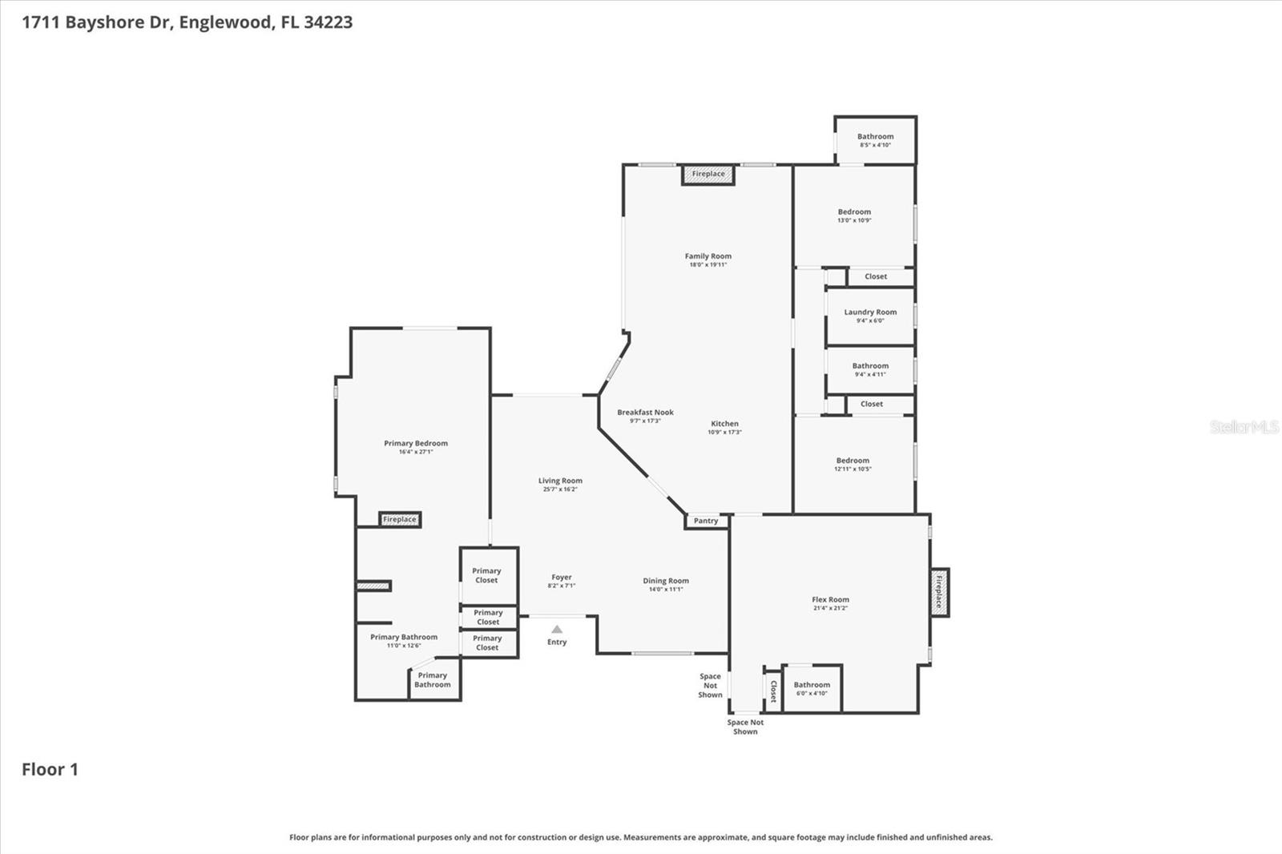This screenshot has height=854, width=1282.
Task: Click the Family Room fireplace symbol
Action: click(x=708, y=175)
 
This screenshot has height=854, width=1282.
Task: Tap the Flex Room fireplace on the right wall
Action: click(x=939, y=592)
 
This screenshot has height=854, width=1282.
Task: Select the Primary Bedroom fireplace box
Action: click(x=400, y=519)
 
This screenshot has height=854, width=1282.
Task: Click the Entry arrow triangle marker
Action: click(x=557, y=630)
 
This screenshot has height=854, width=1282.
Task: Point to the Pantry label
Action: click(x=706, y=521)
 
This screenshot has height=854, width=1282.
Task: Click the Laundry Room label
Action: click(x=870, y=312)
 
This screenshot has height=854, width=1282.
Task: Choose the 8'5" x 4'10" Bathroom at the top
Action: click(x=875, y=140)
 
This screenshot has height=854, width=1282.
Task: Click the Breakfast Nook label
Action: click(x=645, y=413)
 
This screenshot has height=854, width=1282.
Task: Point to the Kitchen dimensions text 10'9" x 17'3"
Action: click(x=724, y=433)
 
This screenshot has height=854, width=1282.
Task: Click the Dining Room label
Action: click(x=665, y=581)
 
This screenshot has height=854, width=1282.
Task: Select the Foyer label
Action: click(x=562, y=577)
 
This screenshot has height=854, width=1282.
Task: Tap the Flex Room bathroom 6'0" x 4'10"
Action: click(x=812, y=688)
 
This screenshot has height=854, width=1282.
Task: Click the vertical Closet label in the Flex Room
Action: click(x=773, y=691)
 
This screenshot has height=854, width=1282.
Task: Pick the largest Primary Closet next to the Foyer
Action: click(x=487, y=575)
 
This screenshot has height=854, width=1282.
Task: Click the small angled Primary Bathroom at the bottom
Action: click(x=433, y=680)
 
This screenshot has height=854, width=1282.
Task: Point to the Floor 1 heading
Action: click(x=50, y=769)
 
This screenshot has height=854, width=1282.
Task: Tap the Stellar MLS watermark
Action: click(x=1244, y=427)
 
